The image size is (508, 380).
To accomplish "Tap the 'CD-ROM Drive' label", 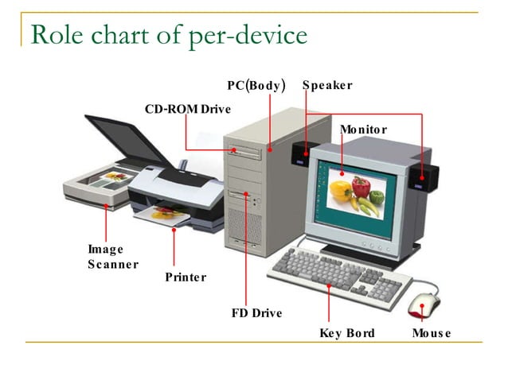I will pos(187,108).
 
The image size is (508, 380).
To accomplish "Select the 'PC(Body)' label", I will pos(256,85).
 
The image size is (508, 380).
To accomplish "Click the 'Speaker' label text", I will pos(326,85).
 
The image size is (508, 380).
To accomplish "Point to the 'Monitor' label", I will pos(363,130).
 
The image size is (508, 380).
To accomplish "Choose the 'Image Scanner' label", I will pos(112,257).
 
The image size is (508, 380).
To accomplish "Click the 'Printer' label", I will pos(186,277).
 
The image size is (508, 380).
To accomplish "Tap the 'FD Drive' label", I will pos(256,313).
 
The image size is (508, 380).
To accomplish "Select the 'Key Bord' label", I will pos(346,332).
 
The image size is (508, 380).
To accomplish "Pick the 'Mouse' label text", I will pos(431,332).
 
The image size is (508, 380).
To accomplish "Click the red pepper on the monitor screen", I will pos(361,188).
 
